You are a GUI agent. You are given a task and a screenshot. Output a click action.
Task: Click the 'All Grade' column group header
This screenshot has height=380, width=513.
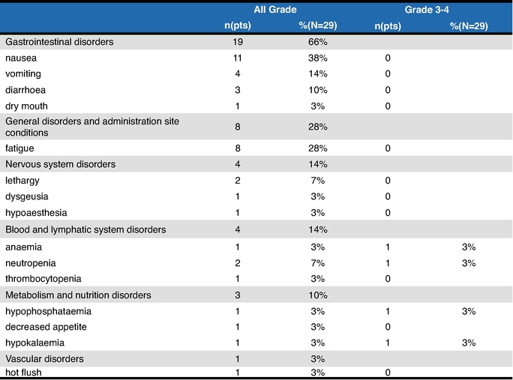pyautogui.click(x=275, y=10)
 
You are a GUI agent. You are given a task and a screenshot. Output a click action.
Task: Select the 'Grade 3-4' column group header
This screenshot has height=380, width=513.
pyautogui.click(x=427, y=10)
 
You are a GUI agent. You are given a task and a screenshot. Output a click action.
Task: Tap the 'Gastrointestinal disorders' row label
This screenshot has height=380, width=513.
pyautogui.click(x=59, y=42)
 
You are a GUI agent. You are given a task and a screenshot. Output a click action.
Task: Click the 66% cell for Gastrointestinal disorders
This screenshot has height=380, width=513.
pyautogui.click(x=318, y=42)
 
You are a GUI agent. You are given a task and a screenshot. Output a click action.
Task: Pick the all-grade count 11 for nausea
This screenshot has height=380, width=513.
pyautogui.click(x=238, y=58)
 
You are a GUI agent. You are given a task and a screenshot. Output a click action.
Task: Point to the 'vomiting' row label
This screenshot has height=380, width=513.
pyautogui.click(x=23, y=74)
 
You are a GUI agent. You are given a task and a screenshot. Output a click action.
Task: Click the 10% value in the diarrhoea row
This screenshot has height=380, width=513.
pyautogui.click(x=318, y=90)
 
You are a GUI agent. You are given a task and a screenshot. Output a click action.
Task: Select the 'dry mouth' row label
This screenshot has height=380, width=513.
pyautogui.click(x=26, y=106)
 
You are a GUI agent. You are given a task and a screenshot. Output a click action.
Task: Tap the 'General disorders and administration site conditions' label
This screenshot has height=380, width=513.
pyautogui.click(x=92, y=127)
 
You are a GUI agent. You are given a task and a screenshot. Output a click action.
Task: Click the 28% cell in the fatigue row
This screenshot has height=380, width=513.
pyautogui.click(x=318, y=148)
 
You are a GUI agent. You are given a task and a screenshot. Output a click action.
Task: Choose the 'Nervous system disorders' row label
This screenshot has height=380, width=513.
pyautogui.click(x=61, y=164)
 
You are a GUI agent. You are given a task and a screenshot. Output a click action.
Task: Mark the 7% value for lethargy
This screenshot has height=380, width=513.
pyautogui.click(x=318, y=181)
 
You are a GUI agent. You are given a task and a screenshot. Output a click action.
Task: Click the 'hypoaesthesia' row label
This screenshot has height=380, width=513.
pyautogui.click(x=36, y=213)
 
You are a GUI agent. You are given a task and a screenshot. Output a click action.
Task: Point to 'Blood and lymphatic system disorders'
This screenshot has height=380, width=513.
pyautogui.click(x=85, y=229)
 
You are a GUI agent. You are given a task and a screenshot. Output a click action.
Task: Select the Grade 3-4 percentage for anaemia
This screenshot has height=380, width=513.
pyautogui.click(x=469, y=247)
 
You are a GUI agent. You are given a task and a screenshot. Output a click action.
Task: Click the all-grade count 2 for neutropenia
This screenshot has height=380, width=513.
pyautogui.click(x=238, y=263)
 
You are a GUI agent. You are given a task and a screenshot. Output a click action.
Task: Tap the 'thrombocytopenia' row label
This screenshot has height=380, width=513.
pyautogui.click(x=43, y=279)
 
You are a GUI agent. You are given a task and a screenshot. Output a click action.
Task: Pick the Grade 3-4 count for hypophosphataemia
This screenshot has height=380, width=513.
pyautogui.click(x=388, y=311)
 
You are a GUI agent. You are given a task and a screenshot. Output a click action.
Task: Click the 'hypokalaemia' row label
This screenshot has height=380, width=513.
pyautogui.click(x=34, y=343)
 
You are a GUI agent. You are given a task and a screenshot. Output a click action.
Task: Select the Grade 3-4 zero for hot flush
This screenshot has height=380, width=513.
pyautogui.click(x=388, y=373)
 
